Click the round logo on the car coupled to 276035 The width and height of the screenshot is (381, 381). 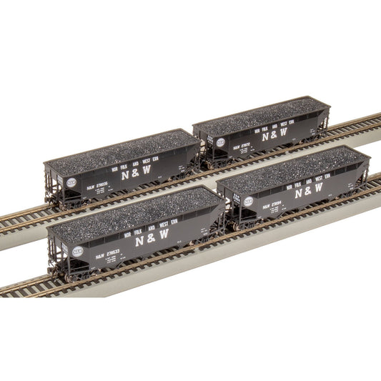(221, 142)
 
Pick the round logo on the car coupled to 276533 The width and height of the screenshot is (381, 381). (248, 202)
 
